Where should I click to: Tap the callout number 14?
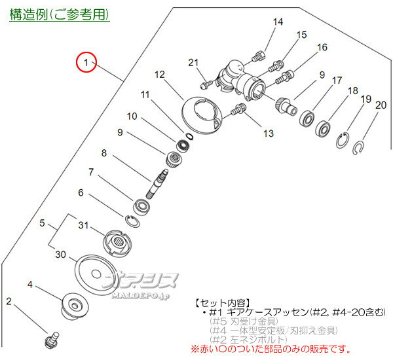coord(278,22)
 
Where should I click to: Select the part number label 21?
coord(193,62)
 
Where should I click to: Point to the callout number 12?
coord(160,75)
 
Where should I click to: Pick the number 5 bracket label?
coord(43,223)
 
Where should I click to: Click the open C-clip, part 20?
coord(360,147)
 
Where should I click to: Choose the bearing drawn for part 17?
coord(306,120)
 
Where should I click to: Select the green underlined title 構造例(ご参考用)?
coord(59,14)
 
